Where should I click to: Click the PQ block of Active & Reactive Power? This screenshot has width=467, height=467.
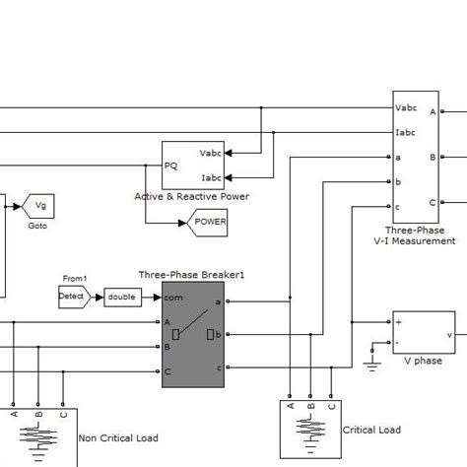192,166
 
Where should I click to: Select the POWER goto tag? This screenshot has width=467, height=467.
208,223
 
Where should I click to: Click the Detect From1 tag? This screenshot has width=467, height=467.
73,297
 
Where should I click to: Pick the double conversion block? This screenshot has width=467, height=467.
122,297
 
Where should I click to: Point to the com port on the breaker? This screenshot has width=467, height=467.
173,297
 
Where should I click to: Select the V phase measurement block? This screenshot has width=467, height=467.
424,333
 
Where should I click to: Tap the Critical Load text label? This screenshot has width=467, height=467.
371,431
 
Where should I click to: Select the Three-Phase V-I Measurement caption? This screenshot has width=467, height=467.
421,234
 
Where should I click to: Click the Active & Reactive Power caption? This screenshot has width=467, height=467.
192,197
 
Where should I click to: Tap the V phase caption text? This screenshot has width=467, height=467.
424,362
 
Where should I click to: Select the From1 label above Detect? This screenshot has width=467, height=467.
75,279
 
